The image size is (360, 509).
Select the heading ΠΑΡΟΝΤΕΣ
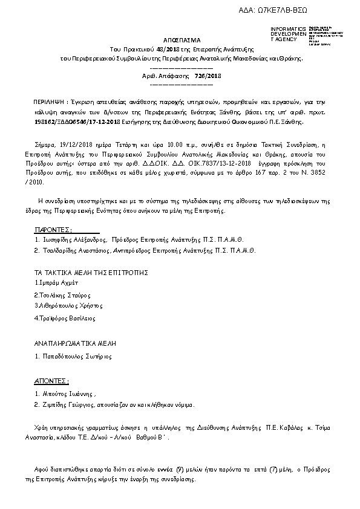click(53, 230)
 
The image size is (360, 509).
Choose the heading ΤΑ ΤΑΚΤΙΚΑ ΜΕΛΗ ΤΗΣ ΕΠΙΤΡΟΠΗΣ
click(91, 273)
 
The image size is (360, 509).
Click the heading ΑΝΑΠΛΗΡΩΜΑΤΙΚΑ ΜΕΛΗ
click(75, 343)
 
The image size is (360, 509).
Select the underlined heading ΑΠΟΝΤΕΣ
click(51, 381)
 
